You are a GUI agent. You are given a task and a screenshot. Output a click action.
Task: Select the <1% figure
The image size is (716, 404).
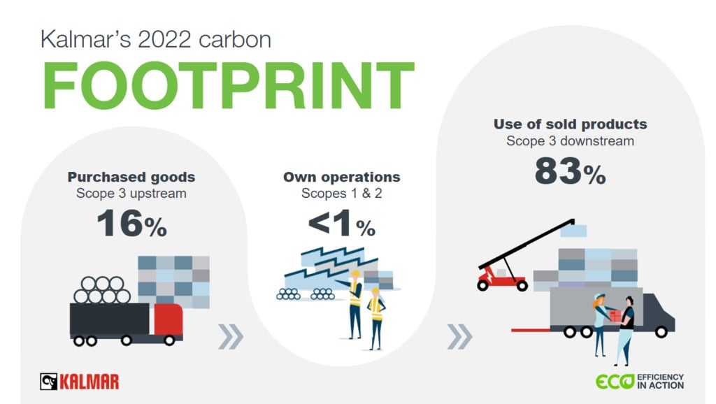[341, 225]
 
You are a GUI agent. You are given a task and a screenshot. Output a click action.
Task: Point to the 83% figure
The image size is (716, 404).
[570, 171]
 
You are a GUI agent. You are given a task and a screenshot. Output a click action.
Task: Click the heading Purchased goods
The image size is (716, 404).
[131, 177]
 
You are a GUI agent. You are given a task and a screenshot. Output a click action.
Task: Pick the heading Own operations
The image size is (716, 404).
[341, 177]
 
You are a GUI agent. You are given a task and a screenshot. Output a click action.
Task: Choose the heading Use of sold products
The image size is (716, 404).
[570, 124]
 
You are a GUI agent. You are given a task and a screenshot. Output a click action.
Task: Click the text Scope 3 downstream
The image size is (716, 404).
[570, 141]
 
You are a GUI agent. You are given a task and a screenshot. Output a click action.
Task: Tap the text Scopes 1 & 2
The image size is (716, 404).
[341, 194]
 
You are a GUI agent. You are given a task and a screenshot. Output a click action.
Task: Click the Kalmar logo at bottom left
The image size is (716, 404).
[80, 381]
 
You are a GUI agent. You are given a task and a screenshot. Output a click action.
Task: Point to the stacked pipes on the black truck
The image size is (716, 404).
[104, 290]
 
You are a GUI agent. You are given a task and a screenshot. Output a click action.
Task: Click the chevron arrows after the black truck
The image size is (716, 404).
[230, 337]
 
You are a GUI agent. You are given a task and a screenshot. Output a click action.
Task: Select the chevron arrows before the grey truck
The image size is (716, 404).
[459, 337]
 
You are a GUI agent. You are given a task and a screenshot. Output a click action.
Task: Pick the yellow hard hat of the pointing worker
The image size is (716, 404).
[355, 274]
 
